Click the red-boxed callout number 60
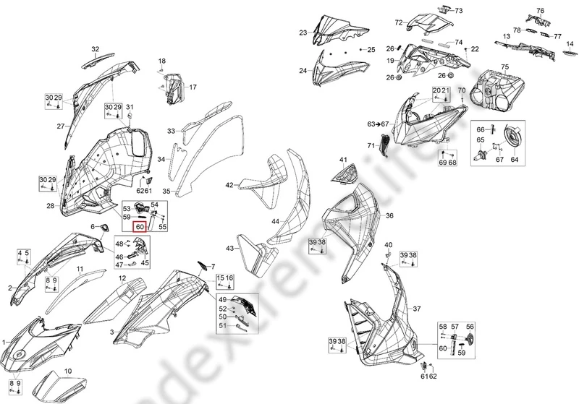pyautogui.click(x=139, y=225)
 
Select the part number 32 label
pyautogui.click(x=94, y=49)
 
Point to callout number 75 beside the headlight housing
pyautogui.click(x=505, y=67)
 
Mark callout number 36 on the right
pyautogui.click(x=389, y=216)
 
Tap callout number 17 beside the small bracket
pyautogui.click(x=193, y=87)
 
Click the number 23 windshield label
pyautogui.click(x=303, y=32)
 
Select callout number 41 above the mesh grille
pyautogui.click(x=343, y=159)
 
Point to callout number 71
pyautogui.click(x=371, y=146)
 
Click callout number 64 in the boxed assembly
pyautogui.click(x=515, y=160)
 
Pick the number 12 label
pyautogui.click(x=123, y=278)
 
